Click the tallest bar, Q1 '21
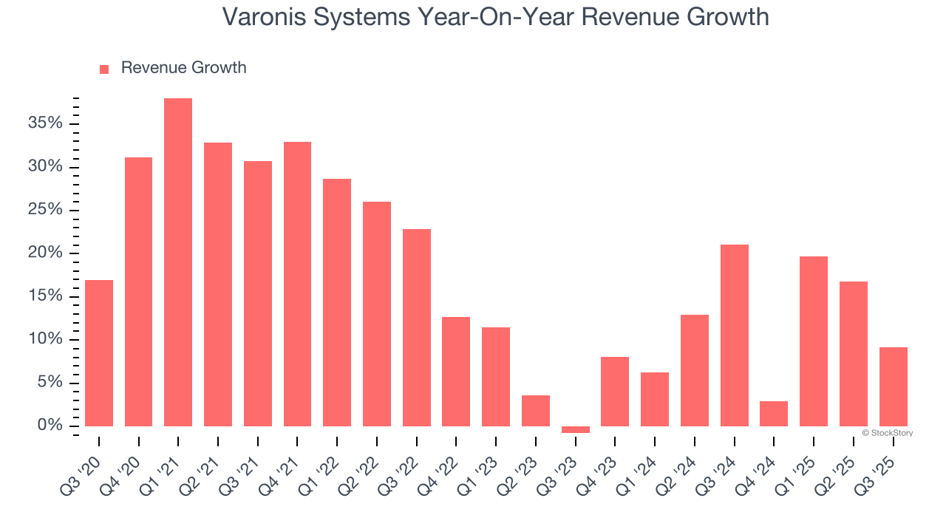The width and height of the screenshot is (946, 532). point(178,262)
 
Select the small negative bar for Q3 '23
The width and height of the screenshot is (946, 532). point(575,429)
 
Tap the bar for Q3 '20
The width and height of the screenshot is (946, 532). point(99,353)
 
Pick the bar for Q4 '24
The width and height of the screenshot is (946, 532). point(774,414)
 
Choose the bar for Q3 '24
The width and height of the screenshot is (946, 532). point(734,335)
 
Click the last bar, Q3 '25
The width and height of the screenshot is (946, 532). point(893,386)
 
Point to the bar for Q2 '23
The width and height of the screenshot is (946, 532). point(535,411)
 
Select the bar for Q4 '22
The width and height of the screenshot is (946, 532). point(456,372)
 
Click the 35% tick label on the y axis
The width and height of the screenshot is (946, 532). point(45,123)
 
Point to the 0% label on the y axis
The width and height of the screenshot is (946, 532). point(49,426)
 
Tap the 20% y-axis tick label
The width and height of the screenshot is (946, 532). point(45,253)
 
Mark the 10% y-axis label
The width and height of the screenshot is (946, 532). point(45,339)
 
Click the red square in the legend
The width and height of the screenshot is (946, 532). point(104,69)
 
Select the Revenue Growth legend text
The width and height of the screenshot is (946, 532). point(183,68)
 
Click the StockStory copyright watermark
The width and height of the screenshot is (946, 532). point(887,433)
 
